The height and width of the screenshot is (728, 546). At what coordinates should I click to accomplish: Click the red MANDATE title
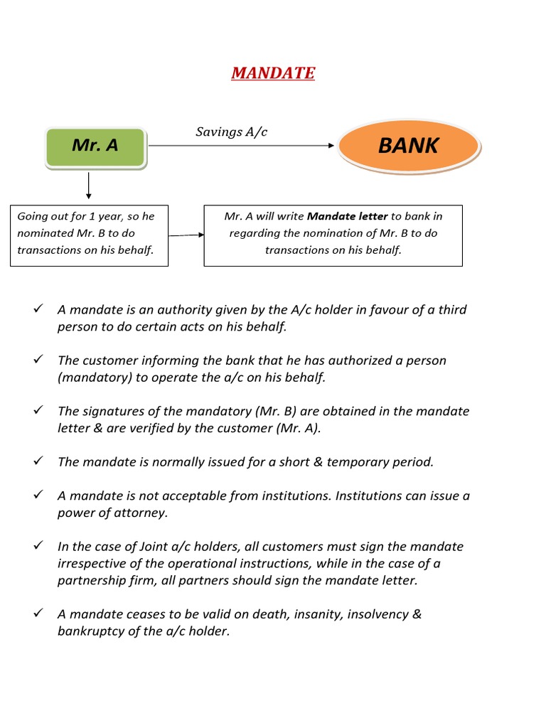273,73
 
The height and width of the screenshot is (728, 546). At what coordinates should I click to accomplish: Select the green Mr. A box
95,146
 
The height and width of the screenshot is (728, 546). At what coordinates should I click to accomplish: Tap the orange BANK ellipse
409,146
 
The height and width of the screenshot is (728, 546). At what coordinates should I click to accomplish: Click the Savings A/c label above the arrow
231,132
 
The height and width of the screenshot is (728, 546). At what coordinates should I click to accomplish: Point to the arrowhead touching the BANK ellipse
331,146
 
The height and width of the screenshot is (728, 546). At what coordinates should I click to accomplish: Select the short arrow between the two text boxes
186,235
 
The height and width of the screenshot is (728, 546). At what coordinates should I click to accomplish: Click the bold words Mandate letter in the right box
347,216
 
